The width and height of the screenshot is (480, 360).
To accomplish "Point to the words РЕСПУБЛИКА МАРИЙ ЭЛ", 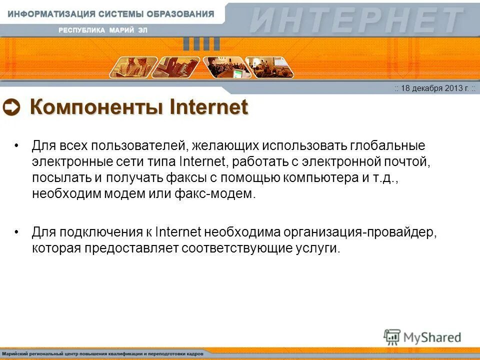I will coord(103,30).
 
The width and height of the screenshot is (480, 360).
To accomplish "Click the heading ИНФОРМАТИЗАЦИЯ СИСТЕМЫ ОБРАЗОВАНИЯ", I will coord(111,14).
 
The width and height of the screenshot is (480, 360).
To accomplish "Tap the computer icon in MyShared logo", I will coord(392,337).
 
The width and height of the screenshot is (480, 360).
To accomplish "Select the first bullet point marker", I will coord(17,146).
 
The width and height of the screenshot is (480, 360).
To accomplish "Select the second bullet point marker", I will coord(17,232).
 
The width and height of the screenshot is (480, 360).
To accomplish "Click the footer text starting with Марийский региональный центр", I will coord(102,353).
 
